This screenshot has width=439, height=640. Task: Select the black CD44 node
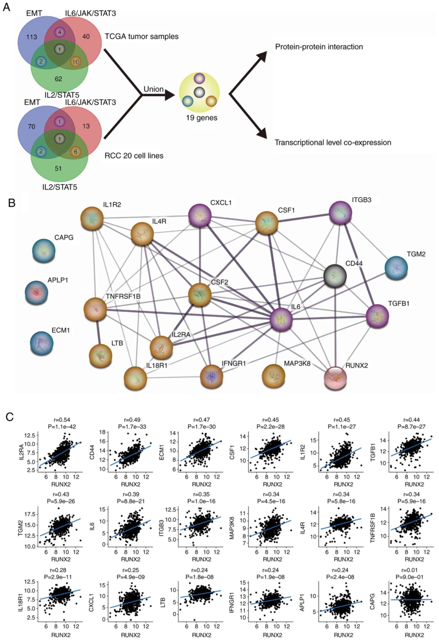335,276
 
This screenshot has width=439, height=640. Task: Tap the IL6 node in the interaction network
281,319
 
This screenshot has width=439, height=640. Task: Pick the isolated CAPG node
43,250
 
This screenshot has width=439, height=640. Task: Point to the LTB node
101,355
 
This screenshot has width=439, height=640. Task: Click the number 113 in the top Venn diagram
31,37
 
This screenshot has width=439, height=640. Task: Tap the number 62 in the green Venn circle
58,79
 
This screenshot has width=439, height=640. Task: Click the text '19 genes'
202,118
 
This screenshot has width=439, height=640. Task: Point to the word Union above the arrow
154,89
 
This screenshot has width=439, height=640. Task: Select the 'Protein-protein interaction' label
319,47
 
